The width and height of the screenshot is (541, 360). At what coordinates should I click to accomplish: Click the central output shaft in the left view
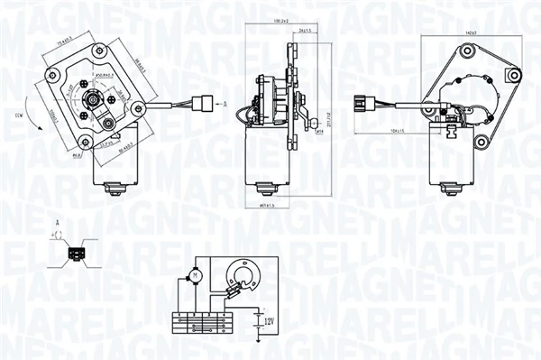(92, 97)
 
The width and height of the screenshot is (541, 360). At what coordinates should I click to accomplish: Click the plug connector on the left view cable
(206, 104)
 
